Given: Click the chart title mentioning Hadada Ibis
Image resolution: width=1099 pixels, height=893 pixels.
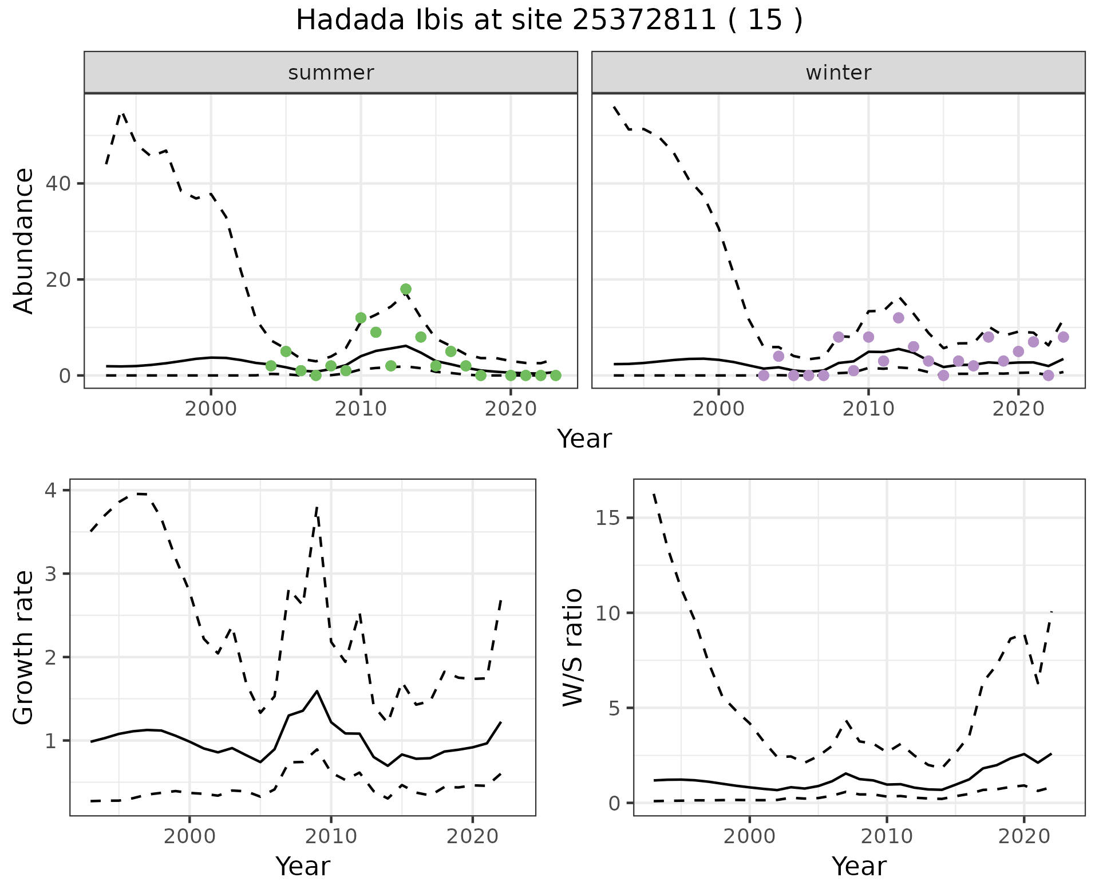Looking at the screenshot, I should tap(549, 21).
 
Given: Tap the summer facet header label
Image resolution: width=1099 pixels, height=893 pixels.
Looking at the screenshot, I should tap(331, 73).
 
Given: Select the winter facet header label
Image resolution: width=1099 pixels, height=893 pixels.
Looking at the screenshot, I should tap(838, 73).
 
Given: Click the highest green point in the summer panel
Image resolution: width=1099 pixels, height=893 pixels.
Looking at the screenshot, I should tap(406, 289).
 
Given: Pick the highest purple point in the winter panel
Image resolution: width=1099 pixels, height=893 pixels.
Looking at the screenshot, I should tap(898, 318).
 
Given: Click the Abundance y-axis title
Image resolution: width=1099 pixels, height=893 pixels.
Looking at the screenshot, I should tap(24, 240).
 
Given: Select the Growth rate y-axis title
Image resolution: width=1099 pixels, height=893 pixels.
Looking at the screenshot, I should tap(24, 647).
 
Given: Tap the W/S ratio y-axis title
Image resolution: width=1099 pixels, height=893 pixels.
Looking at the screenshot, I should tap(573, 647).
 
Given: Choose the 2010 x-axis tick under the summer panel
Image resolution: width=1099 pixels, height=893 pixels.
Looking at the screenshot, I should tap(361, 409).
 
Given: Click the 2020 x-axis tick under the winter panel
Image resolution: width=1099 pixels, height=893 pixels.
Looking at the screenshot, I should tap(1018, 409).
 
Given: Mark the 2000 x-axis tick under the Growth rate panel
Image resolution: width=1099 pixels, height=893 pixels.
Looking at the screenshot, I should tap(189, 836).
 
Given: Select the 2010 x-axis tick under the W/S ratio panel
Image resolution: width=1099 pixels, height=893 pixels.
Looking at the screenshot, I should tap(887, 836).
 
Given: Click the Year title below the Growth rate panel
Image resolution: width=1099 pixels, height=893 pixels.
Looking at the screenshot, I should tap(303, 866).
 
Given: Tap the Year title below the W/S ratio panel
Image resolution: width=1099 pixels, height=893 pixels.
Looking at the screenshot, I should tap(859, 866).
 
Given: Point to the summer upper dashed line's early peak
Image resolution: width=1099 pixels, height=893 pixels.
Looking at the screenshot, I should tap(122, 113).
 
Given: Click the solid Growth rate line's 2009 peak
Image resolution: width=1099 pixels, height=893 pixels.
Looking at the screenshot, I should tap(317, 691).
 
